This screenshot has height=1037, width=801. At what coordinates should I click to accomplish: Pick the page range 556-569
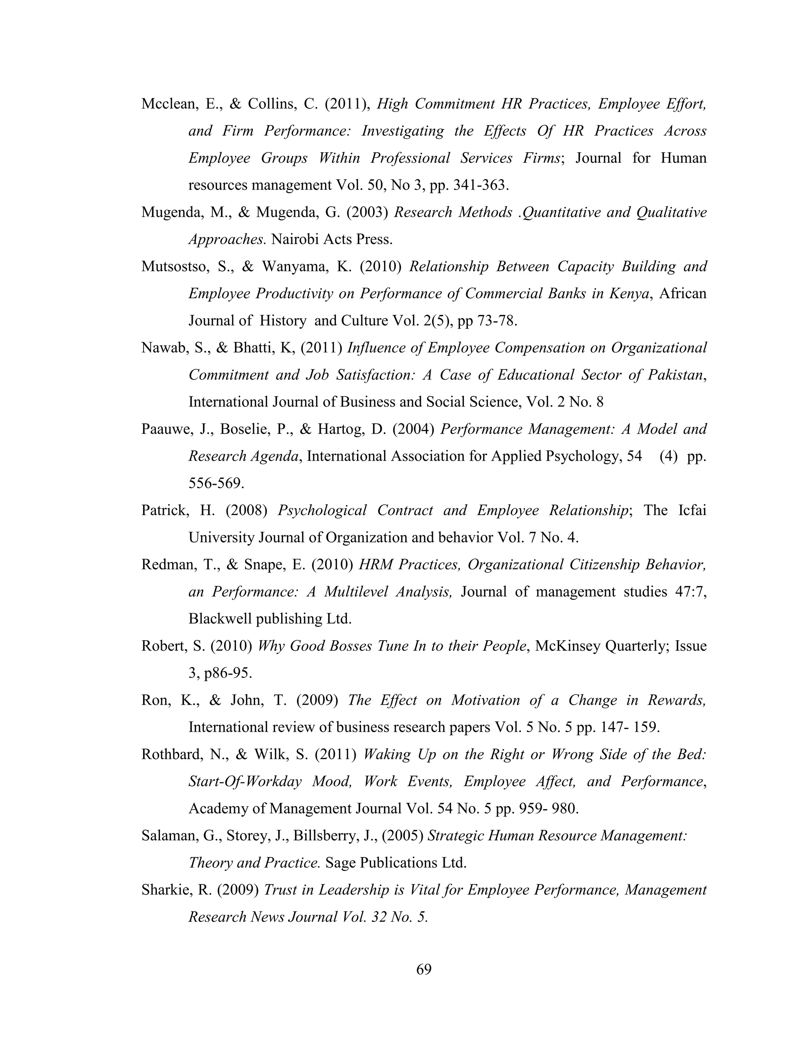(x=216, y=483)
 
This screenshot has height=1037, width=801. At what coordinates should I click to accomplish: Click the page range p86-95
(x=228, y=673)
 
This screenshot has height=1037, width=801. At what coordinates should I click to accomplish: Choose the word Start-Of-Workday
(x=245, y=781)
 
